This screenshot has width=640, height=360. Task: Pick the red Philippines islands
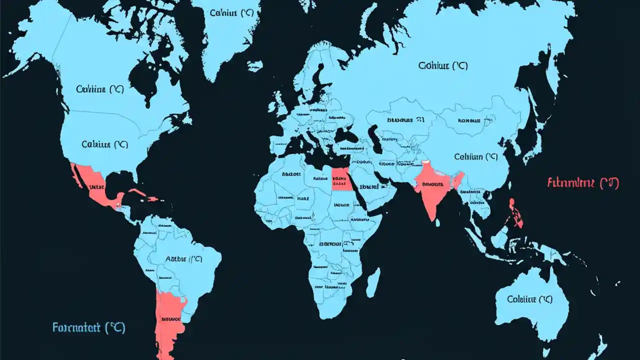pyautogui.click(x=515, y=212)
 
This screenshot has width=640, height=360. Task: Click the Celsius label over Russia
pyautogui.click(x=442, y=65)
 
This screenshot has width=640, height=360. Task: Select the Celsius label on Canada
pyautogui.click(x=100, y=89)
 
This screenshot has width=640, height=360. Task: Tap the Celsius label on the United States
pyautogui.click(x=104, y=144)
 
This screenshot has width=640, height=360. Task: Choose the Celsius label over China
pyautogui.click(x=475, y=156)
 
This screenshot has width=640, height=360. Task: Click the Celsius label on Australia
pyautogui.click(x=529, y=299)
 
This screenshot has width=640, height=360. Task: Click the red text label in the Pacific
pyautogui.click(x=583, y=182)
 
